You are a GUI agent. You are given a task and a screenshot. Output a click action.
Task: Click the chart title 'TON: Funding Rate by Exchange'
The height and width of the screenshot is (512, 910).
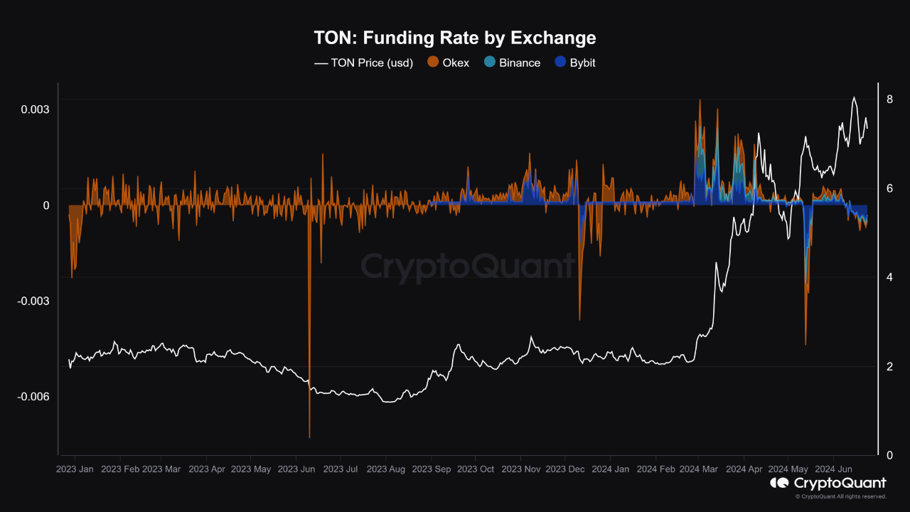click(x=455, y=38)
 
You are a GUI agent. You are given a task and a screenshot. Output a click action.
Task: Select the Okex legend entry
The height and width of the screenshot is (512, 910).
click(x=448, y=63)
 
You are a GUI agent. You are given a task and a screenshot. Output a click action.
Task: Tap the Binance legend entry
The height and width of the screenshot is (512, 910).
click(x=511, y=63)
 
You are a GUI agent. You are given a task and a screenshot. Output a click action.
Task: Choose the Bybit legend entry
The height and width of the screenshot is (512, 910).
click(x=575, y=63)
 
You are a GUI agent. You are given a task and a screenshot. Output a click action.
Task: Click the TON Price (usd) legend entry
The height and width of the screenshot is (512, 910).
click(x=363, y=63)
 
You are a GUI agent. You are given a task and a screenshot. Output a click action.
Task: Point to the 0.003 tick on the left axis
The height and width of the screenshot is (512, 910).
click(x=35, y=110)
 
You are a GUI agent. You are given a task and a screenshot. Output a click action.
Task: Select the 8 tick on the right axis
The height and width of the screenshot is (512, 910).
click(x=889, y=99)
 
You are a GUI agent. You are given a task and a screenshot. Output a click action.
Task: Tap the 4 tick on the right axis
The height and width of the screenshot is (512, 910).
click(x=889, y=277)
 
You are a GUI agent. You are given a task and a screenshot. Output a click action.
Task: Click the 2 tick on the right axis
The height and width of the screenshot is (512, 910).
click(x=889, y=366)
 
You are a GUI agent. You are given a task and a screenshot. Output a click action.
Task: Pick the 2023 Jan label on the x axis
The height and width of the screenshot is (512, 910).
click(x=74, y=469)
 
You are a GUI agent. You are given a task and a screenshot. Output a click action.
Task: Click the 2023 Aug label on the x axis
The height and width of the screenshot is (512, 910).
click(x=385, y=469)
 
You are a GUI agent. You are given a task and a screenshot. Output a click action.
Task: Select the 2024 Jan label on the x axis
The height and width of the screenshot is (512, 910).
click(x=610, y=469)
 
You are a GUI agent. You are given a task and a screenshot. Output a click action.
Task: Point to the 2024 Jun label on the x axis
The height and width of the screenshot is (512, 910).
click(x=834, y=469)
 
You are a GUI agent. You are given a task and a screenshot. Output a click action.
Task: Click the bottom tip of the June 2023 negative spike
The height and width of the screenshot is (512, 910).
click(x=310, y=437)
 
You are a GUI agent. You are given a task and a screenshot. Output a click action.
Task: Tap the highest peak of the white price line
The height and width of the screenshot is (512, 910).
click(x=854, y=97)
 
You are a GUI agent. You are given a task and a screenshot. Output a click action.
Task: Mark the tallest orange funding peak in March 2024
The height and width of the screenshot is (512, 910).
click(x=700, y=100)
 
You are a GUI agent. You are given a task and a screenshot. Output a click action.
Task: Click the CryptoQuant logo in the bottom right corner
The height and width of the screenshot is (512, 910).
click(x=828, y=484)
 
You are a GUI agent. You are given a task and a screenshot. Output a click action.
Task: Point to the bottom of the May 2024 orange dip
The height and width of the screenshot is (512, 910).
click(x=805, y=345)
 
